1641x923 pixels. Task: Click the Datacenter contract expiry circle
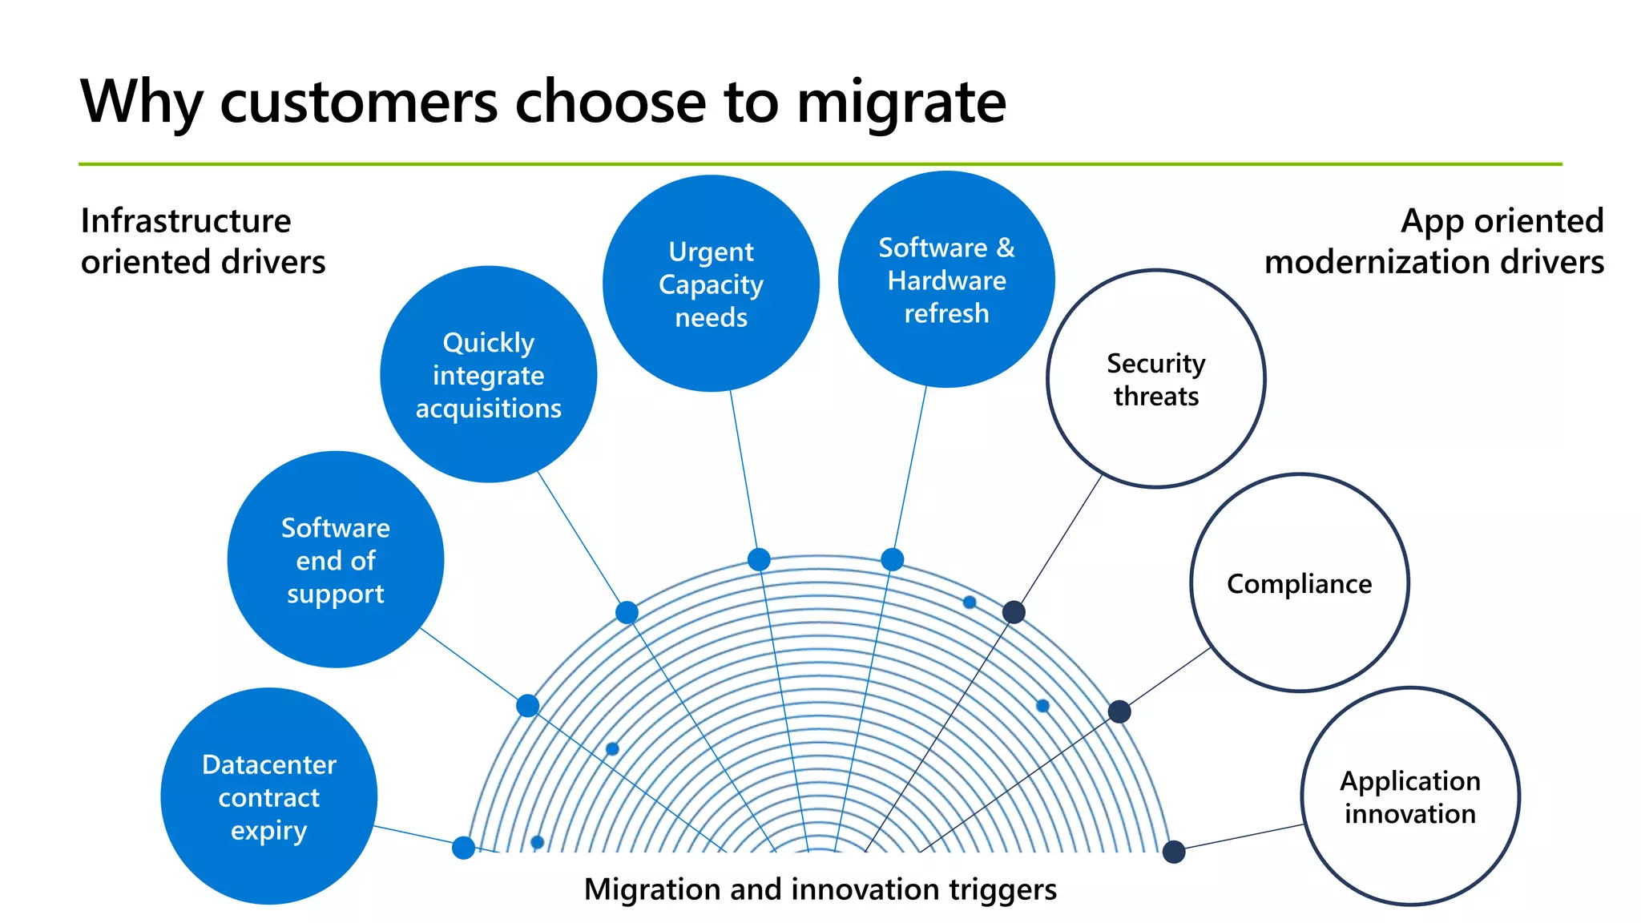point(269,796)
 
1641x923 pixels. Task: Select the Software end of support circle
point(336,559)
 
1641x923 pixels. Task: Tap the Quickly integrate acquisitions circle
point(488,374)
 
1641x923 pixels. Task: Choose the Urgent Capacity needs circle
point(711,284)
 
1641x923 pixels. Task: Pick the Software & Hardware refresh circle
point(946,280)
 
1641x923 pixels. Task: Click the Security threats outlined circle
point(1155,379)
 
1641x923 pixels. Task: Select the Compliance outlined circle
point(1299,583)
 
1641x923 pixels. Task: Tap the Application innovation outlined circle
point(1409,796)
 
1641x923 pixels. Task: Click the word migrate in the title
point(901,103)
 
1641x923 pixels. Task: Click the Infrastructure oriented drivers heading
point(203,241)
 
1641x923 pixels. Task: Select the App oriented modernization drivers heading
point(1433,241)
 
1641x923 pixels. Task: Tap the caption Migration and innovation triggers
point(820,889)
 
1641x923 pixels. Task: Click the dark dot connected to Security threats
point(1014,612)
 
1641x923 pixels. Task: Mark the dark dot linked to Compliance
point(1119,711)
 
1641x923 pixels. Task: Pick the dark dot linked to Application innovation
point(1174,852)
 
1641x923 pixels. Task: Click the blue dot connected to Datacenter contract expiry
point(463,847)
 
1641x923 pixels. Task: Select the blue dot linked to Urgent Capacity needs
point(759,559)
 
